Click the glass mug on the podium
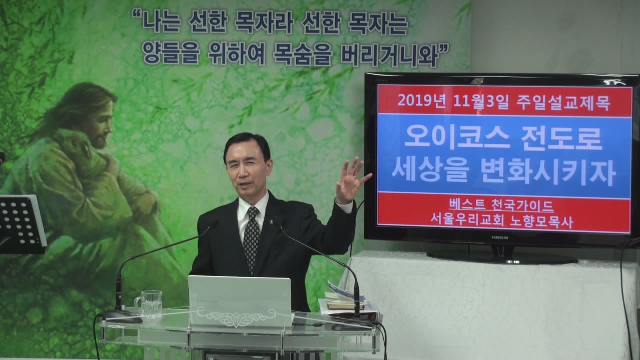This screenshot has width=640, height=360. click(x=149, y=304)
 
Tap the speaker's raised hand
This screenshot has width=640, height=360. click(x=351, y=179)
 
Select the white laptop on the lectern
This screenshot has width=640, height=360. click(x=240, y=301)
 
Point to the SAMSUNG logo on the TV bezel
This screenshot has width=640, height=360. click(x=499, y=237)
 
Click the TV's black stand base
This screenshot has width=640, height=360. click(x=502, y=258)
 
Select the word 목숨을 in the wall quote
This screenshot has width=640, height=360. click(x=303, y=55)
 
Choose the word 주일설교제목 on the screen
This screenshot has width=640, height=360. click(x=563, y=101)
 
